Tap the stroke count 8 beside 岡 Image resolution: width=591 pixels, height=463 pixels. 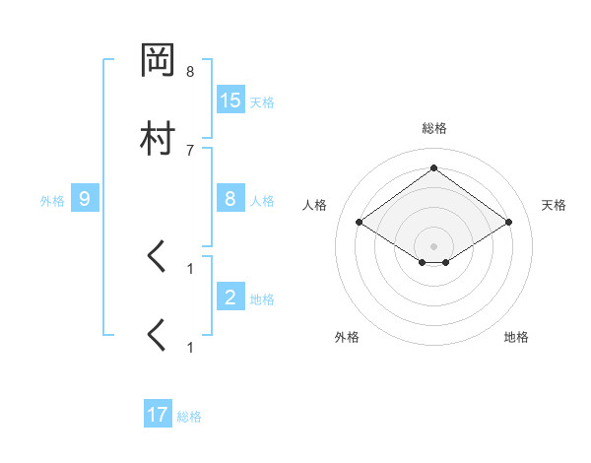[190, 72]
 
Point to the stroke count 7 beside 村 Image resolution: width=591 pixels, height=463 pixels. [190, 150]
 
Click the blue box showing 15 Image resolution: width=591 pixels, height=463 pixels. [230, 100]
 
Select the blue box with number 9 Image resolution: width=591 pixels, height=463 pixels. [85, 199]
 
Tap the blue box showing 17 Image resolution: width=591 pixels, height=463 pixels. [158, 415]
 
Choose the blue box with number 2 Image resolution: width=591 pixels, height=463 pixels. [230, 297]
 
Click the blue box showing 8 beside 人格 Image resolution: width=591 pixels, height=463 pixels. [230, 199]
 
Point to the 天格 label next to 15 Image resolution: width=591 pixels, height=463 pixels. [262, 102]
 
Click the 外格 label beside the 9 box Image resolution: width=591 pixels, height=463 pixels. [52, 201]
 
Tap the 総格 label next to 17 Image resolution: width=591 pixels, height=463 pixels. [189, 417]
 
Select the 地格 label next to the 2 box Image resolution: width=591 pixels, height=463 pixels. [262, 298]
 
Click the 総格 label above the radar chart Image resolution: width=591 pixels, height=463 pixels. [434, 128]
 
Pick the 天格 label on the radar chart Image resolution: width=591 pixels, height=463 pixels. [554, 205]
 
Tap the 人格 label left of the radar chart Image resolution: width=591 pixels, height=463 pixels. [315, 205]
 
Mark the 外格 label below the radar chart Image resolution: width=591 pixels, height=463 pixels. [347, 337]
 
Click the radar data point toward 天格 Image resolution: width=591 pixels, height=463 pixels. [508, 223]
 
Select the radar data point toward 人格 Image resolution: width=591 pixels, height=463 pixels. [360, 223]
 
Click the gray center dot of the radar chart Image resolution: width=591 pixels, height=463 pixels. [434, 246]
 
